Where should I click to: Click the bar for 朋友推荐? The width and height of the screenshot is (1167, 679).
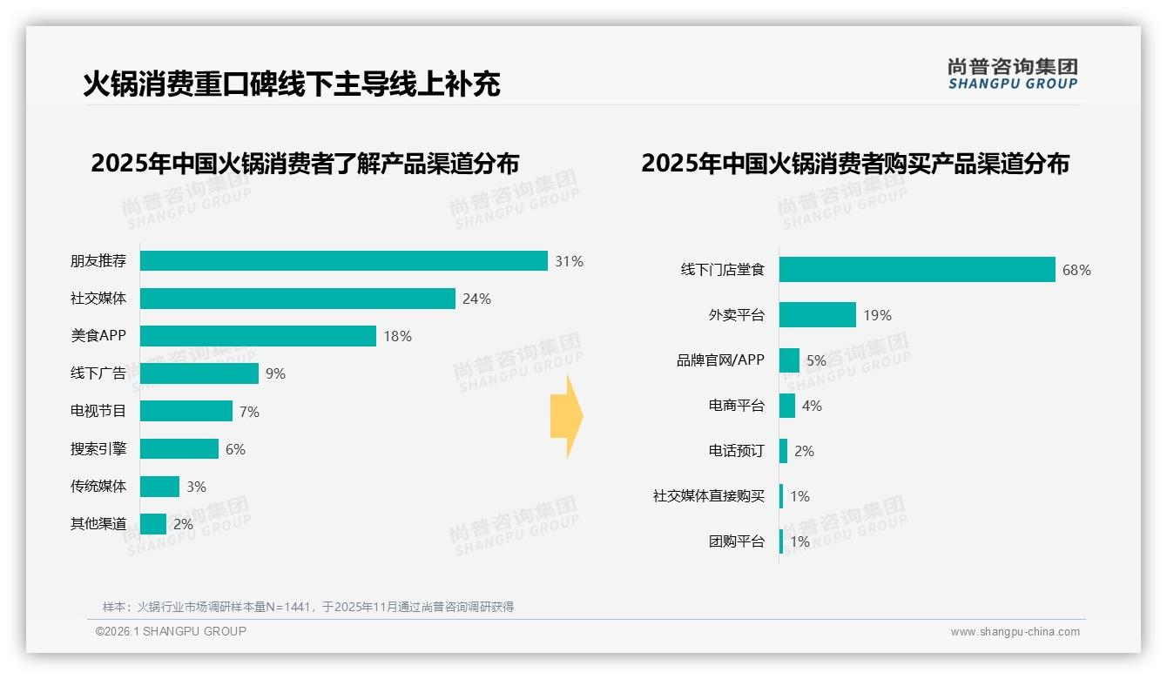coord(344,261)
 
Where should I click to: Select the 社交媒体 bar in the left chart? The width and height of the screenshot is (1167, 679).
coord(298,299)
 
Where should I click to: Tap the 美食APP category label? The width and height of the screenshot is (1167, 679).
coord(98,336)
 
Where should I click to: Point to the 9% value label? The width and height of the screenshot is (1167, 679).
coord(275,374)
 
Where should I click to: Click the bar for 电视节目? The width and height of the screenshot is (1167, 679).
coord(186,411)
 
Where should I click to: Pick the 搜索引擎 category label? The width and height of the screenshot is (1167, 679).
coord(98,449)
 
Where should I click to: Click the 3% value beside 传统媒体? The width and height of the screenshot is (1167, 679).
coord(196,487)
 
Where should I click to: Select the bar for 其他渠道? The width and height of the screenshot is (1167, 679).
coord(153,524)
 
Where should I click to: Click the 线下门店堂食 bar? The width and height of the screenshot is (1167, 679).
coord(917,270)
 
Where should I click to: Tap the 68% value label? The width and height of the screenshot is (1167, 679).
coord(1076,270)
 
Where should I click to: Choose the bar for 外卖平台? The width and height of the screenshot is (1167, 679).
coord(818,315)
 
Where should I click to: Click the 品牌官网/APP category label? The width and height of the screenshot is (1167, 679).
coord(720,360)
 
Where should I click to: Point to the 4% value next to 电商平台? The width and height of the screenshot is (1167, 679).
coord(812,406)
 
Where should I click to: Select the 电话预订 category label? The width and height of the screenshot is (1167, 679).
coord(736,451)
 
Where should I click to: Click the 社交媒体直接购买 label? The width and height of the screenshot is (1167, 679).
coord(709,496)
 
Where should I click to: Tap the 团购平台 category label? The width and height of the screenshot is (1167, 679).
coord(736,541)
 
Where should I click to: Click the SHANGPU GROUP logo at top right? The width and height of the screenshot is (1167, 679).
coord(1012,74)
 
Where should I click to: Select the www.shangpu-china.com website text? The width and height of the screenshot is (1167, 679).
coord(1015,632)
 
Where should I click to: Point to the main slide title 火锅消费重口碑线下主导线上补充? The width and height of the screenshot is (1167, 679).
coord(292,84)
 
